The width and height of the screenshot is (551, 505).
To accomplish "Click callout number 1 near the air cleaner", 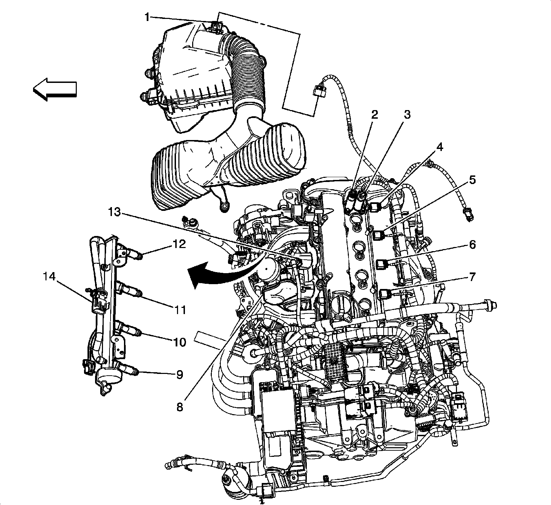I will (147, 17).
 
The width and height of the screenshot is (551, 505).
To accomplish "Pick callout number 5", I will (472, 180).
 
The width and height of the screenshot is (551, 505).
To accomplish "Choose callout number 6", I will (472, 245).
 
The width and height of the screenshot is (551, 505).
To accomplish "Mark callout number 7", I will (472, 277).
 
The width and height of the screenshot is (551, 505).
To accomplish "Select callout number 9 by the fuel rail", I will (180, 374).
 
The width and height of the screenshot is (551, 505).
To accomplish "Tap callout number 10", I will (180, 342).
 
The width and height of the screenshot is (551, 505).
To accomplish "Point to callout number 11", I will (180, 310).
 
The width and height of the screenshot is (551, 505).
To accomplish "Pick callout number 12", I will (180, 245).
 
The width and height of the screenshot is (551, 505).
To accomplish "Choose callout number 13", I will (114, 212).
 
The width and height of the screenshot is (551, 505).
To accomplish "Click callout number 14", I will (50, 277).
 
